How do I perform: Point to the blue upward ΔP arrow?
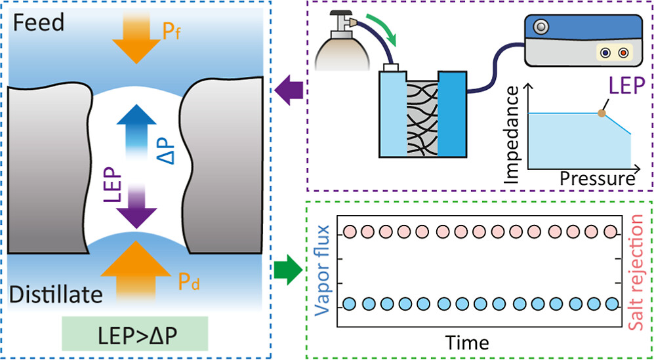[x=138, y=132]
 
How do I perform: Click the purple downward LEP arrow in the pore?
[x=138, y=204]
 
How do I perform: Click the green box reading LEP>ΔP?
[x=135, y=332]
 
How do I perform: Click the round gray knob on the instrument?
[x=542, y=28]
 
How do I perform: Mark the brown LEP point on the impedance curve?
[x=602, y=113]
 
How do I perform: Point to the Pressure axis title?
[x=598, y=178]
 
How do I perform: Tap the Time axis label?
[x=467, y=342]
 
